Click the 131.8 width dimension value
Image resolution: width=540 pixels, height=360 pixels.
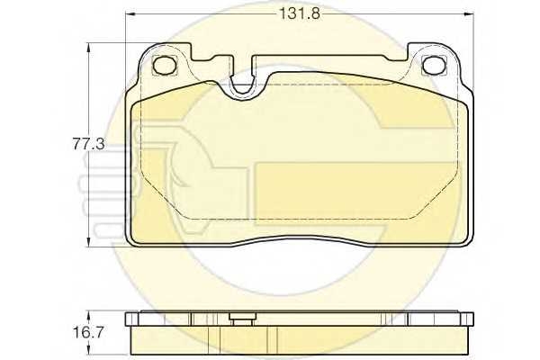300,14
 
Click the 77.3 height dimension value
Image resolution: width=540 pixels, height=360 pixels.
88,144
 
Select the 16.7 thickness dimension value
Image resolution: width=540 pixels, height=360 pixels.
88,333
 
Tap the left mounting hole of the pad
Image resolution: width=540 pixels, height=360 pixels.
165,65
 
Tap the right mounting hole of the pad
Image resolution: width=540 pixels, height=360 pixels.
434,65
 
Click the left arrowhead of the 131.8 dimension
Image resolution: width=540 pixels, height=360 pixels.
130,14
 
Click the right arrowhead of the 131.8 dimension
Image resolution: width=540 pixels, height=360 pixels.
469,14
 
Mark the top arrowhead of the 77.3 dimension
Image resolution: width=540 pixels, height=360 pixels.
89,48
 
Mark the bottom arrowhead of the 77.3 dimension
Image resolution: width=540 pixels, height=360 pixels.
89,242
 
